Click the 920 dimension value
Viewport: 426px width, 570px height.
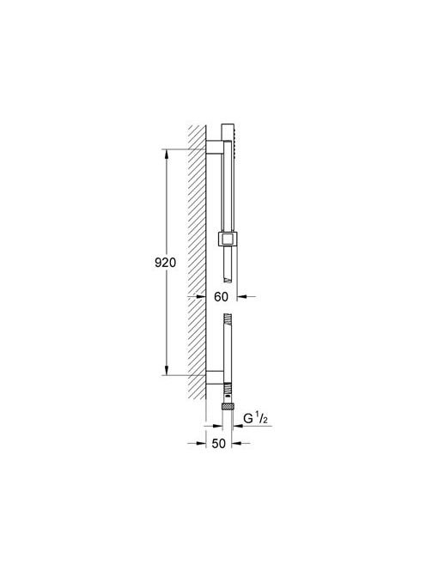[x=165, y=263]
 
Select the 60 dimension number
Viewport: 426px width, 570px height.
[x=221, y=297]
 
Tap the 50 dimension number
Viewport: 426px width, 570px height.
[x=219, y=444]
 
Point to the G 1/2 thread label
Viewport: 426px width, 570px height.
[x=255, y=419]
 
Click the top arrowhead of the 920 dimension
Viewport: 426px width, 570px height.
[x=167, y=155]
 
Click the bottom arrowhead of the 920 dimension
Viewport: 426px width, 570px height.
[x=167, y=370]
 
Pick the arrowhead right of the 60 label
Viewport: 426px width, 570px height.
[x=242, y=297]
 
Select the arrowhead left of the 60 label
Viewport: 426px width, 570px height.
[x=201, y=297]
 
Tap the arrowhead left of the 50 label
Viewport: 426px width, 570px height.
[x=201, y=443]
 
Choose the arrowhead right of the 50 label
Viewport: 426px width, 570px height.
[x=236, y=443]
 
